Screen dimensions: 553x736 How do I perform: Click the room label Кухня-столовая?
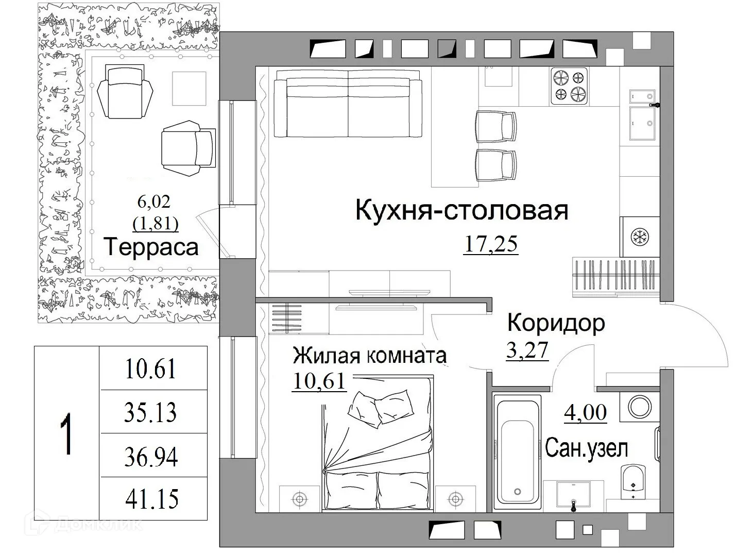461,211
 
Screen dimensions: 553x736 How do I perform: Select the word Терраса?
151,247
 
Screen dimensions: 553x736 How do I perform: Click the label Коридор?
556,323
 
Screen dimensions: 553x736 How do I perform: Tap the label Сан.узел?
586,448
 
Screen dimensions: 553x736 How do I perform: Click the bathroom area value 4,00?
586,413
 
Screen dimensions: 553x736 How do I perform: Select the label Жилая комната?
369,356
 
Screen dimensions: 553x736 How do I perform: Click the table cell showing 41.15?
152,499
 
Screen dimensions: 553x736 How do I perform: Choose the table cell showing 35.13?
150,412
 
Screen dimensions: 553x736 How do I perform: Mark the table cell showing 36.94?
151,457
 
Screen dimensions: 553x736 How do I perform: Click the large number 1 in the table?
66,434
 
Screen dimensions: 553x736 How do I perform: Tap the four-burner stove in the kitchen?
570,86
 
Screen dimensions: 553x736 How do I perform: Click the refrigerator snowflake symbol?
640,237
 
